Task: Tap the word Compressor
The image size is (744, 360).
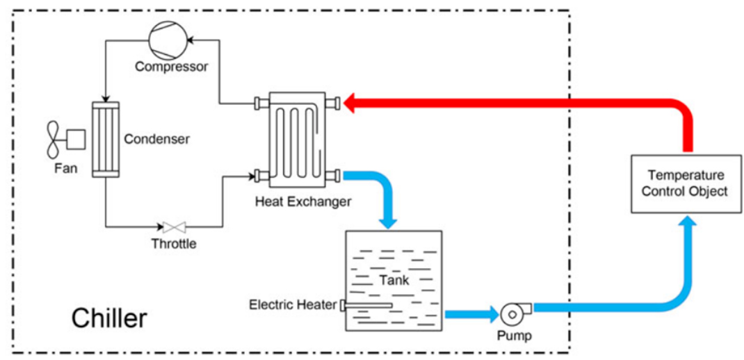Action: click(x=171, y=67)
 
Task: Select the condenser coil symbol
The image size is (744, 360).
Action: click(x=105, y=140)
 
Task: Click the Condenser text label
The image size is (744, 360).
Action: click(x=156, y=140)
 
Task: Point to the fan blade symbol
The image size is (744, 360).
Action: click(x=53, y=139)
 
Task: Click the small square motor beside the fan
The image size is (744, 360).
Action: click(x=76, y=140)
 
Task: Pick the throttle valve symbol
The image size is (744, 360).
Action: click(x=174, y=228)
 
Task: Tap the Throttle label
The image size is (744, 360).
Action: click(x=174, y=244)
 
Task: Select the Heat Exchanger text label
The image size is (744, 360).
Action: click(x=303, y=202)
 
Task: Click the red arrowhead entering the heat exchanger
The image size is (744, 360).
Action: click(x=349, y=103)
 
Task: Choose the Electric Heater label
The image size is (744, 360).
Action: click(x=293, y=305)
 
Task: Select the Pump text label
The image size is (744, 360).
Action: click(x=515, y=336)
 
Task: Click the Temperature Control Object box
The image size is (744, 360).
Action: click(x=686, y=183)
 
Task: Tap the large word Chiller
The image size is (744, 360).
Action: click(x=110, y=319)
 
